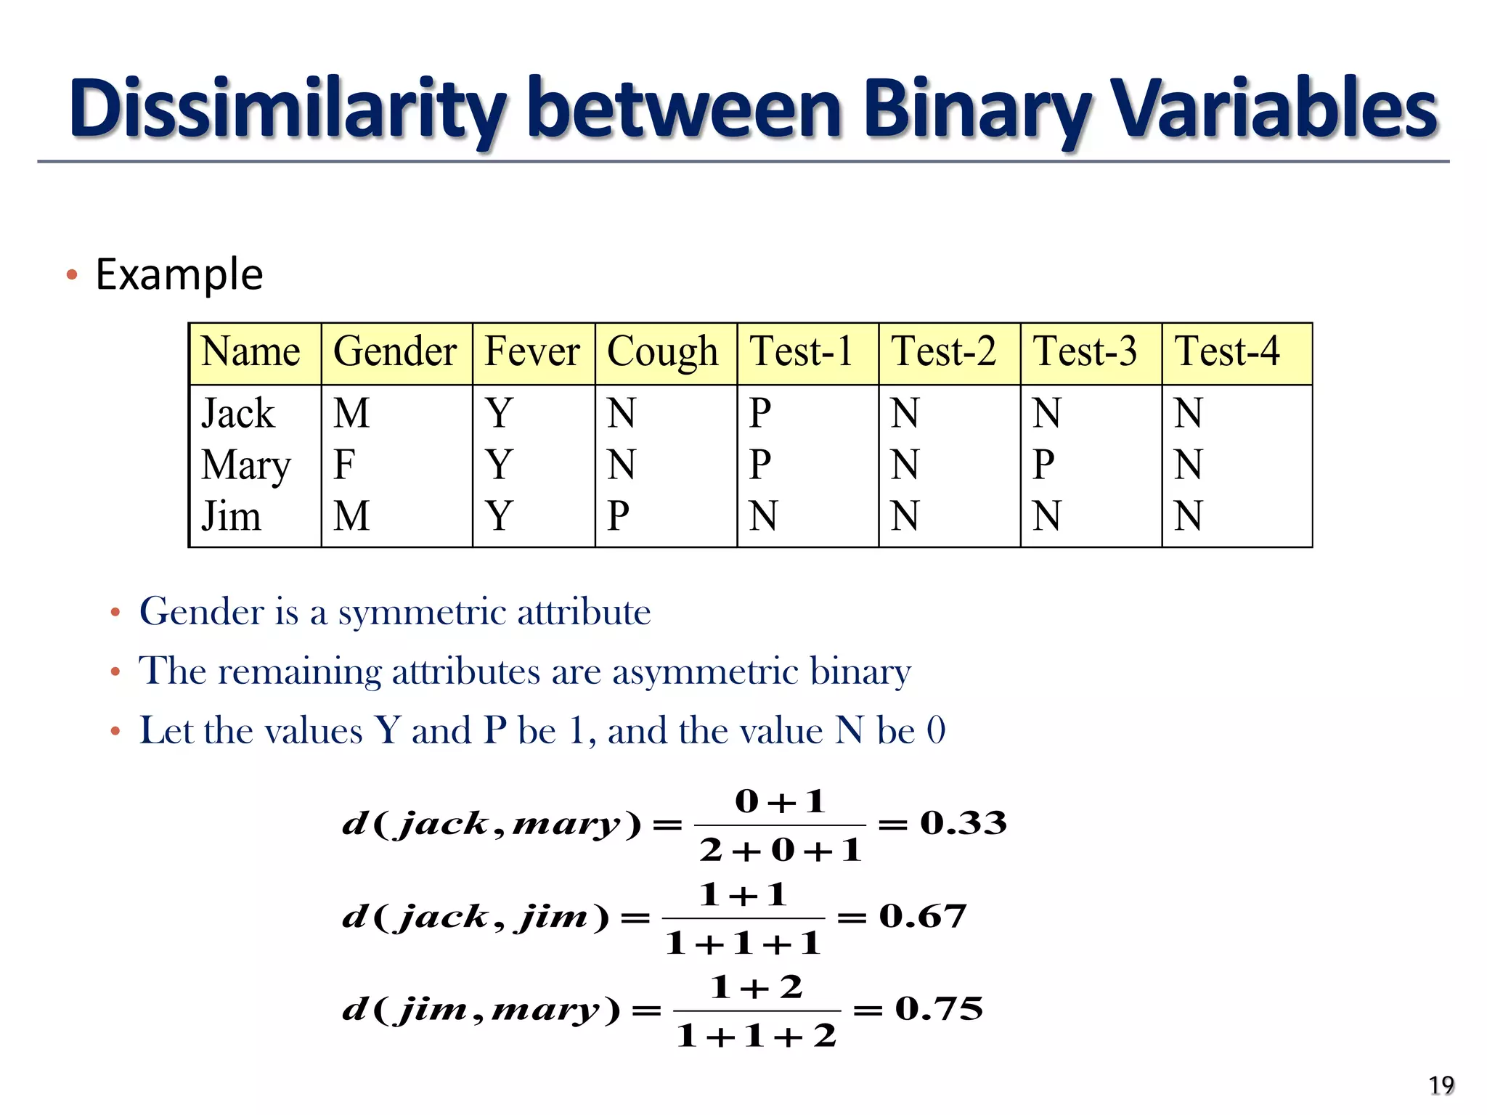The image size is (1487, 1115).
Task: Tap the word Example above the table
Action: point(179,274)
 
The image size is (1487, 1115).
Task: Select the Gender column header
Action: point(395,352)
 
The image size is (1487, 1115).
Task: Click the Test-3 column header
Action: point(1085,352)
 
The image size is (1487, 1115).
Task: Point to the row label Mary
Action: point(246,465)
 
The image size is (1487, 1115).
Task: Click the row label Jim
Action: point(231,516)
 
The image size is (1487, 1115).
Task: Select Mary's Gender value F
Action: point(344,465)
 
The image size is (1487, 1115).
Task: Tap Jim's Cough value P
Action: point(618,516)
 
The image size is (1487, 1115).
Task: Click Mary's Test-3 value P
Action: point(1043,465)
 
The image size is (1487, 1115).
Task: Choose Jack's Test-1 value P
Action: point(759,413)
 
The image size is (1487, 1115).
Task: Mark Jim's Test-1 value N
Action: point(763,516)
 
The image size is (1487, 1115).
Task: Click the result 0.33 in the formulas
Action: point(964,823)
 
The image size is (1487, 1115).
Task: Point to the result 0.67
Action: point(923,916)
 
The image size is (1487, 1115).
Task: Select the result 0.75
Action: point(939,1008)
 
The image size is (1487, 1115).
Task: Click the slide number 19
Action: point(1441,1085)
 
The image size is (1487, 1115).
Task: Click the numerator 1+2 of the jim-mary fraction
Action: point(757,988)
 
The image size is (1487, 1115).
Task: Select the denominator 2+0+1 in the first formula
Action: point(781,850)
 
